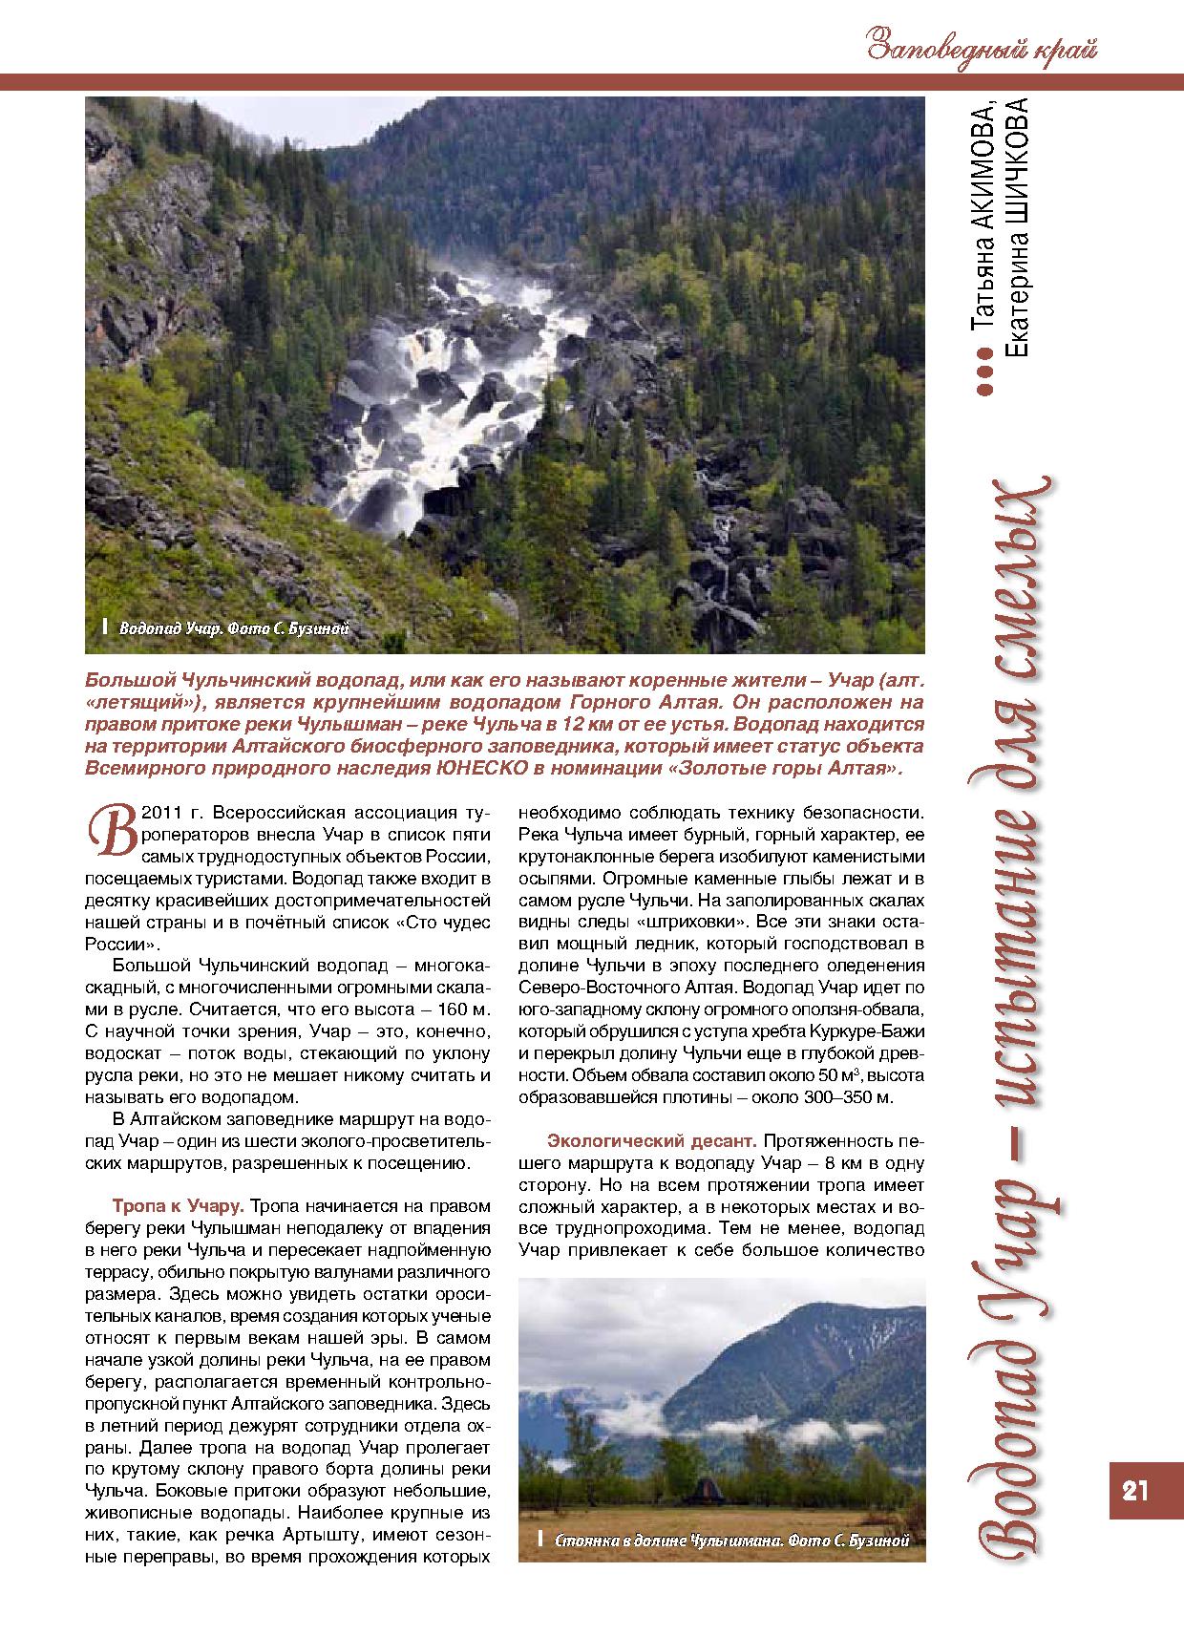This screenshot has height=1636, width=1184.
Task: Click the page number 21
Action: pos(1134,1490)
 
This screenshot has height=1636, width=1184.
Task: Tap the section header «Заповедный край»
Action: pos(982,46)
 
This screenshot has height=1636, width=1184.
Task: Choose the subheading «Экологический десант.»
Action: pos(651,1140)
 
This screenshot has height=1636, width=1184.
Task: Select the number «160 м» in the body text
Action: pos(462,1009)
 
